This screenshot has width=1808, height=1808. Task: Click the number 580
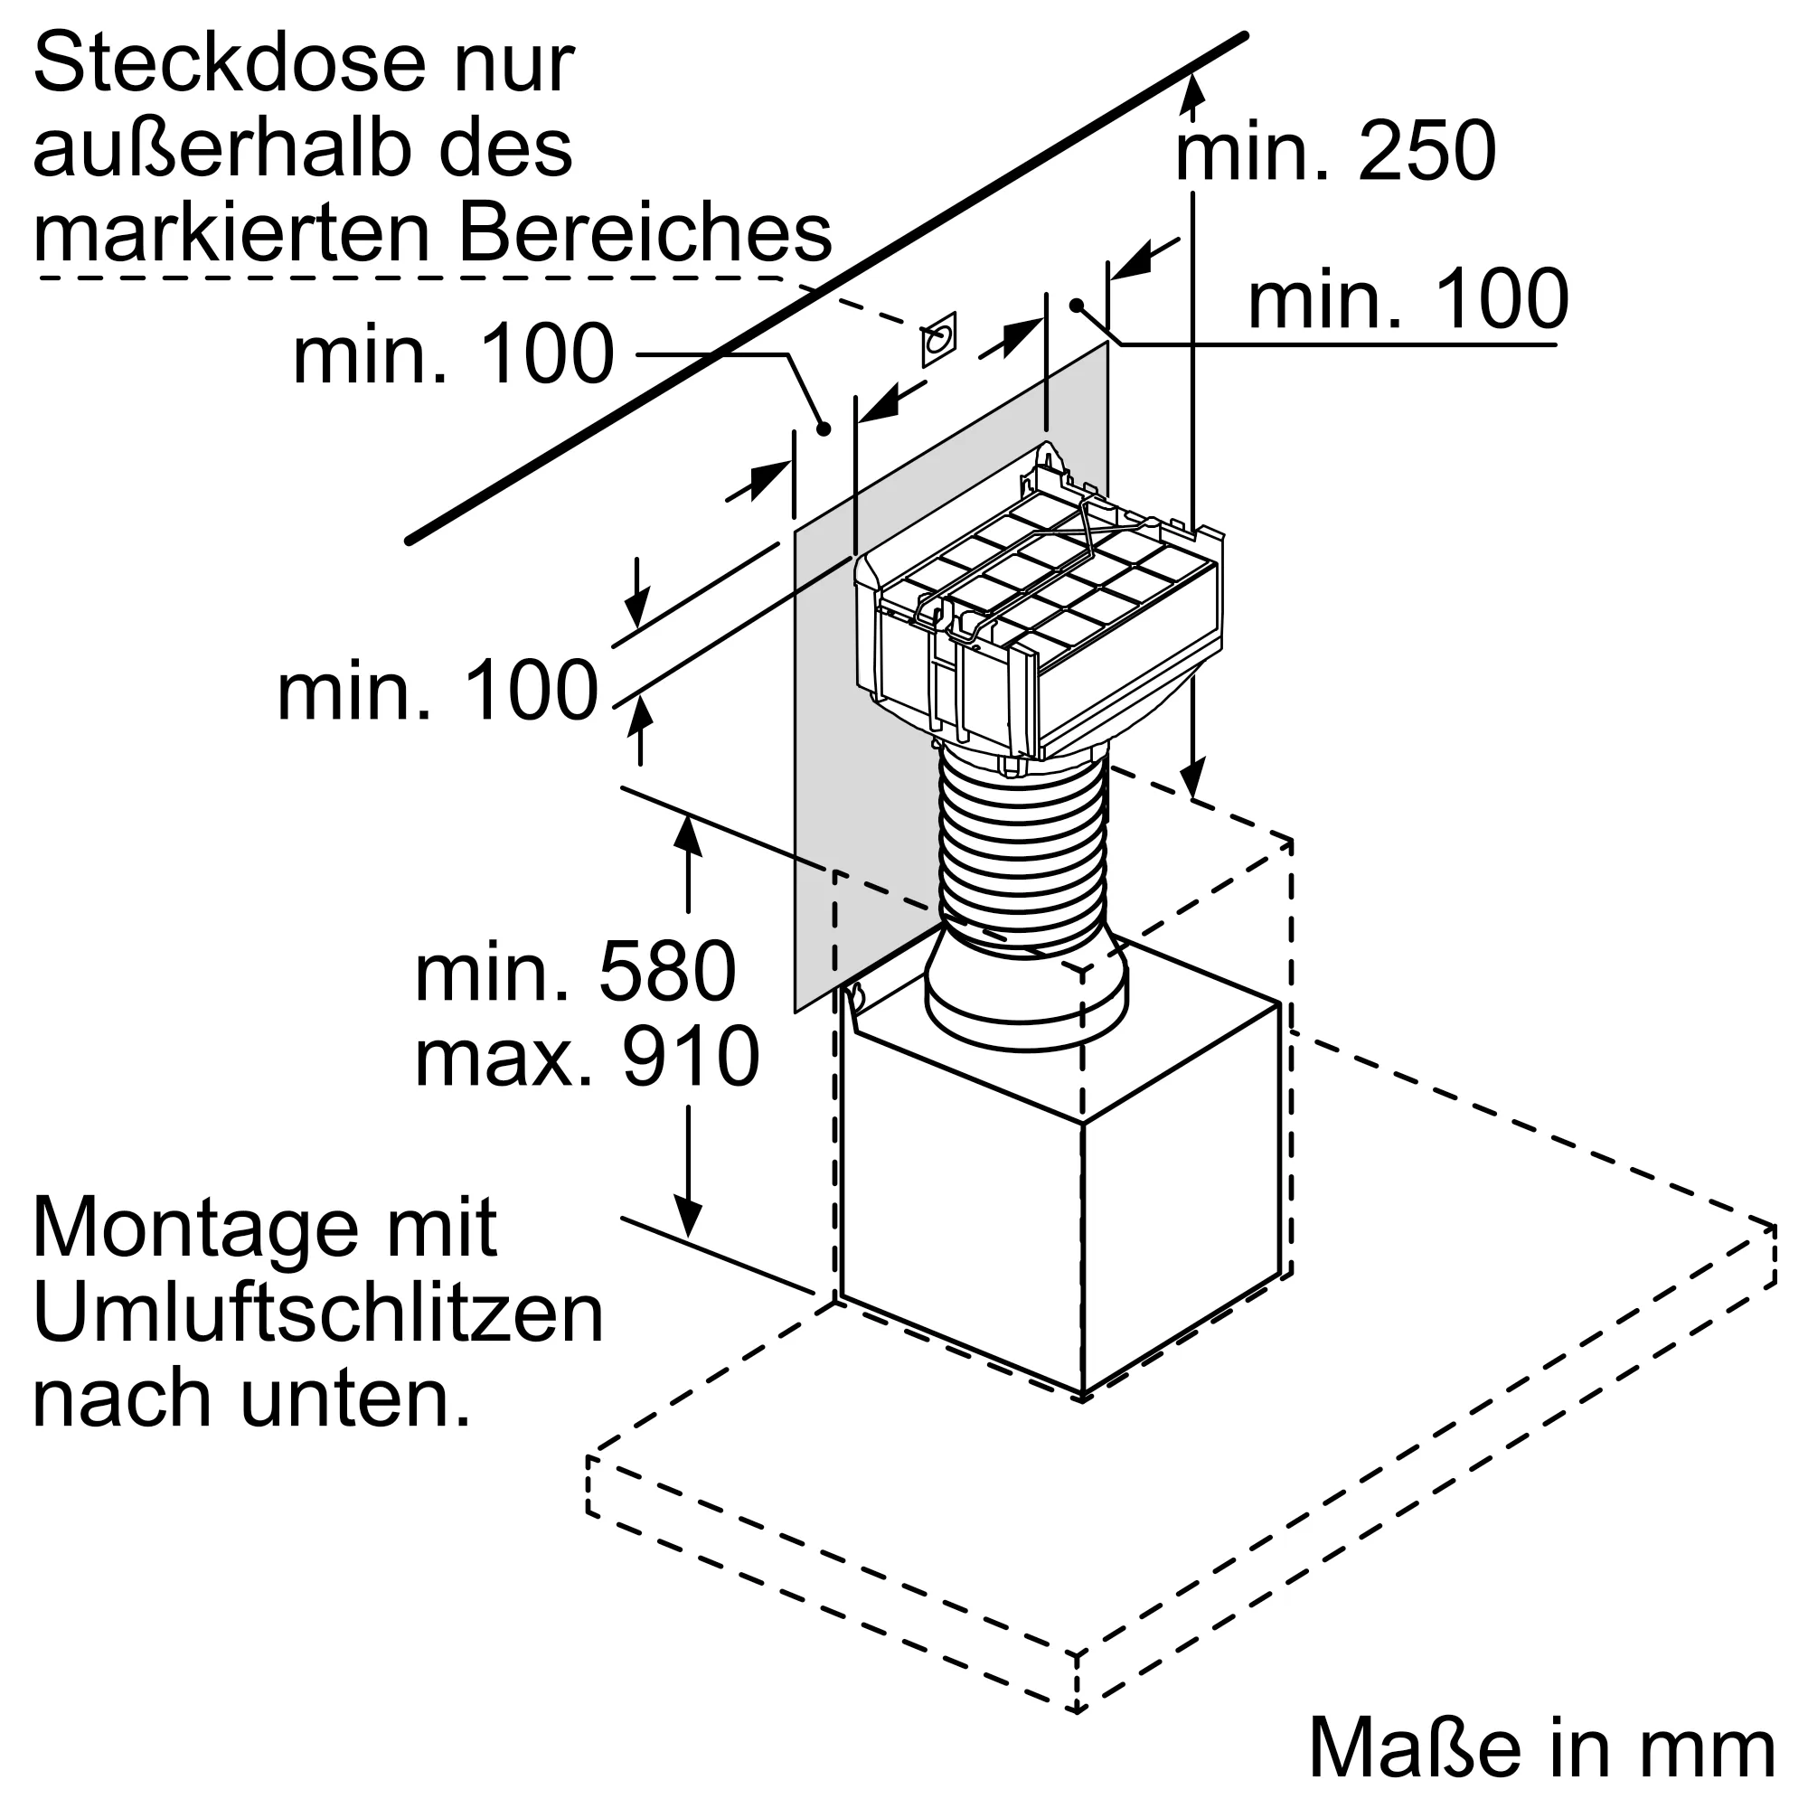(667, 974)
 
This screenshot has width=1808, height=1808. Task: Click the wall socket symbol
(938, 339)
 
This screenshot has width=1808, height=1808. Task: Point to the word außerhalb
(222, 150)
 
